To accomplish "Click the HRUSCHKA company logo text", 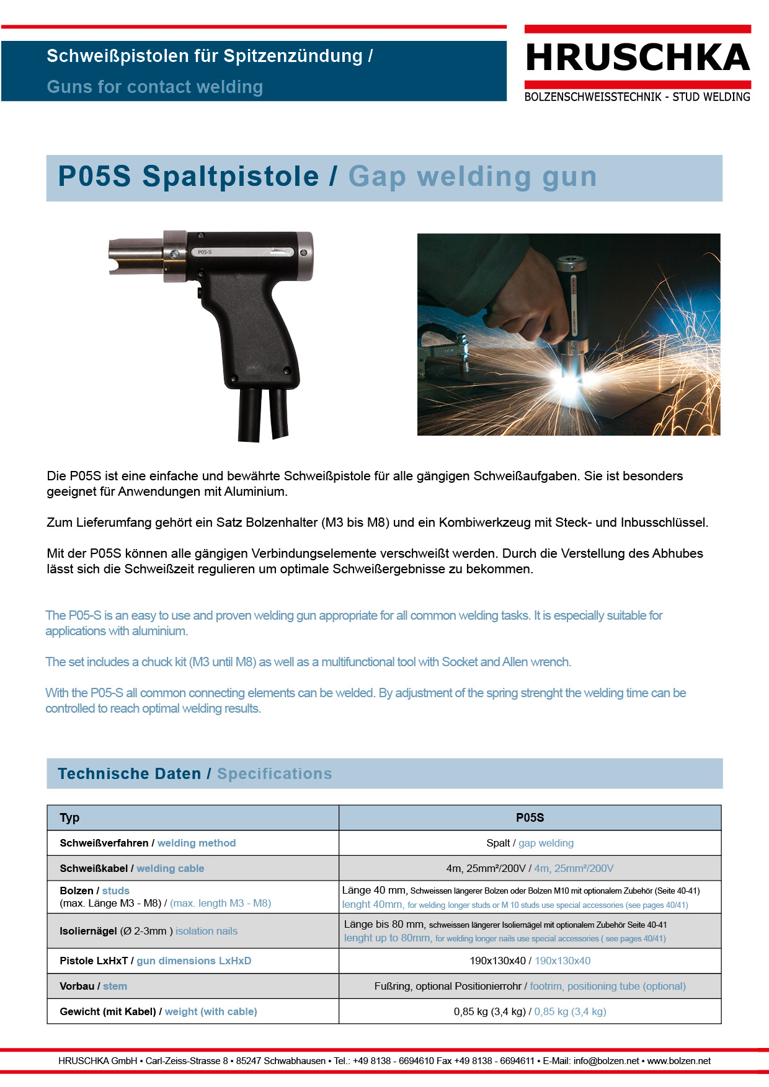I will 638,58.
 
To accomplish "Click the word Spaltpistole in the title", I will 230,177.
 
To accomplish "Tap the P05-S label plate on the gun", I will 205,252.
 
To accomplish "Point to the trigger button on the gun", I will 200,292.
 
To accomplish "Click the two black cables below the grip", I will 264,414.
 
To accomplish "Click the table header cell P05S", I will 530,818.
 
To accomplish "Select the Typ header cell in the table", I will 69,818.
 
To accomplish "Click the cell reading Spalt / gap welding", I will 530,843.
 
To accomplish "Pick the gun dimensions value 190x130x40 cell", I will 530,961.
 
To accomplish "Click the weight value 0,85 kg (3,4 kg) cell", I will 530,1012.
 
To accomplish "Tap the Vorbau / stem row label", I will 93,987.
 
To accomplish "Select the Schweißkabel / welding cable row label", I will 131,869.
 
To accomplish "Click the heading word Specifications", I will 274,774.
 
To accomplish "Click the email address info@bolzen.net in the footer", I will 606,1061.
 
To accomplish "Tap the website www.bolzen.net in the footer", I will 678,1061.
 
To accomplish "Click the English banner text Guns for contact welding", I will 155,87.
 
